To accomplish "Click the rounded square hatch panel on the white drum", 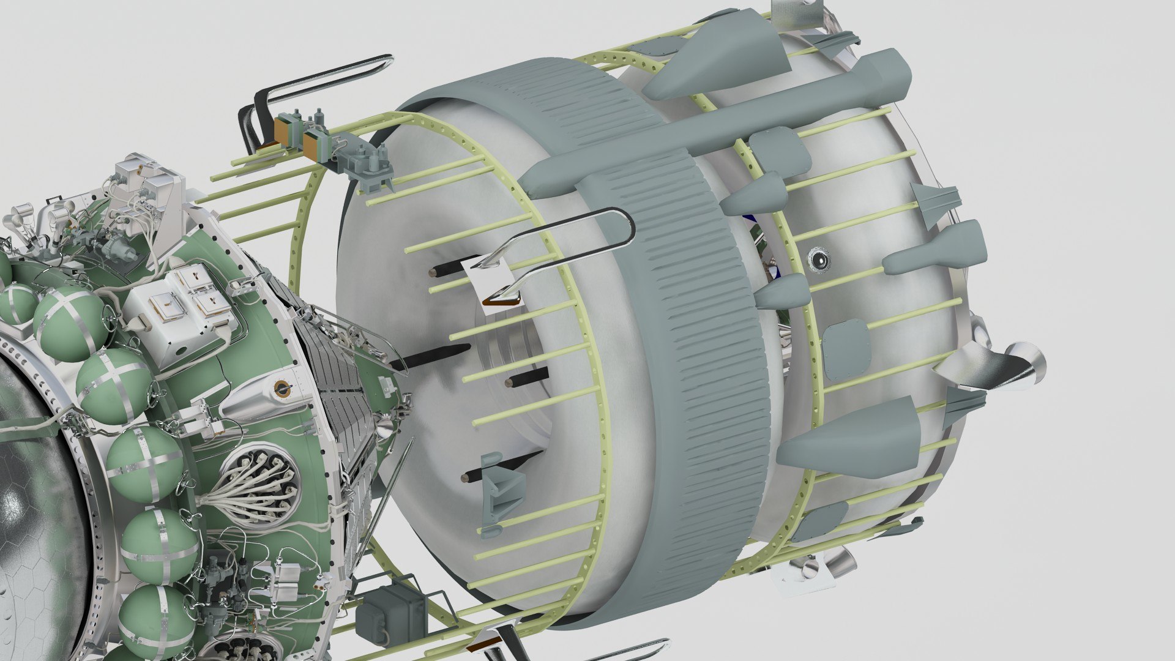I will [x=848, y=349].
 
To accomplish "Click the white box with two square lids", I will [x=190, y=300].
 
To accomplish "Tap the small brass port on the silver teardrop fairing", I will [x=282, y=388].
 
